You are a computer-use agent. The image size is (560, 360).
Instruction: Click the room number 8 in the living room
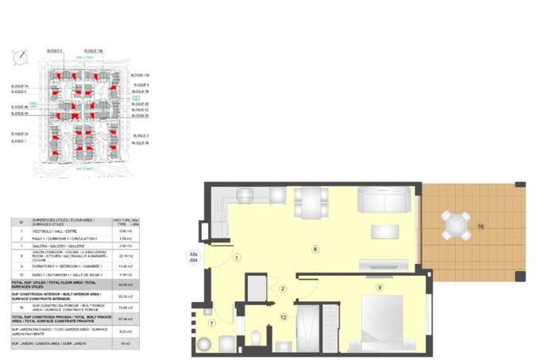click(315, 250)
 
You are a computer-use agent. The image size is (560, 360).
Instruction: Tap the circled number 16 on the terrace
click(481, 227)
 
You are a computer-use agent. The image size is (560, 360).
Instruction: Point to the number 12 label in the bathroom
click(283, 317)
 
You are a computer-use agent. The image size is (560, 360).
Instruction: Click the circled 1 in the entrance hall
click(237, 257)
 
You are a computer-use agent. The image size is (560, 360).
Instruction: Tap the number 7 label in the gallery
click(211, 323)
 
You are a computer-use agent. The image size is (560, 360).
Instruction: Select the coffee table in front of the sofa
click(386, 231)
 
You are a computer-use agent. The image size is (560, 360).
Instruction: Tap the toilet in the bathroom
click(256, 338)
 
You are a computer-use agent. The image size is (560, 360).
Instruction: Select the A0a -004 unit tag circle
click(193, 257)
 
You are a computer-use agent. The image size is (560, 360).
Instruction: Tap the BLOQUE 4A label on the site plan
click(20, 114)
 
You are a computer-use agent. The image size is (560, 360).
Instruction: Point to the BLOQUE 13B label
click(141, 75)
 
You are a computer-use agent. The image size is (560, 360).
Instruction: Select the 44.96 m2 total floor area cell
click(124, 284)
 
